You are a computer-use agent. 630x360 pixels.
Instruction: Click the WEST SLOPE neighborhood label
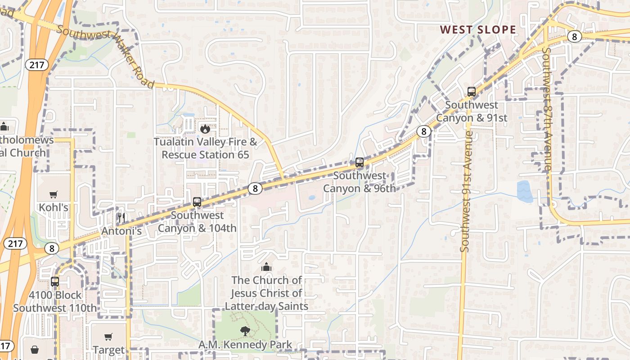[478, 30]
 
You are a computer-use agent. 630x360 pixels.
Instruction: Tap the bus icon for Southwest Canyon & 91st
[471, 92]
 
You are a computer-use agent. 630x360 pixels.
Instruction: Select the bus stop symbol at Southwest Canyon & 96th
[359, 162]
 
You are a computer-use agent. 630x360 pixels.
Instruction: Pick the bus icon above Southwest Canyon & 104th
[197, 202]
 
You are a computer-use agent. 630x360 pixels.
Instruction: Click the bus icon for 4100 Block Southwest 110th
[54, 282]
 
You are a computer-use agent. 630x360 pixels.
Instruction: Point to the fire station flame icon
[205, 129]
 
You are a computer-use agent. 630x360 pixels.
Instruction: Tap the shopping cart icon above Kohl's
[54, 194]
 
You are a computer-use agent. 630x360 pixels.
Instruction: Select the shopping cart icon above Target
[108, 337]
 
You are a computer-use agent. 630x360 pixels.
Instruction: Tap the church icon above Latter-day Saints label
[266, 267]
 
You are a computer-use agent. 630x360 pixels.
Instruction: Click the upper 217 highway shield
[36, 65]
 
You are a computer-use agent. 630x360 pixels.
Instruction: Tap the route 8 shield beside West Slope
[574, 36]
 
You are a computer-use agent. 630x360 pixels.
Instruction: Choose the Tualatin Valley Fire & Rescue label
[205, 148]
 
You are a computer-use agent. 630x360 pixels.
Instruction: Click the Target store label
[108, 350]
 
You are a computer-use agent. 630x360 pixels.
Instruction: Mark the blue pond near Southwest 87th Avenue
[525, 191]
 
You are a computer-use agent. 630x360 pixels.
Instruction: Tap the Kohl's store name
[54, 207]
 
